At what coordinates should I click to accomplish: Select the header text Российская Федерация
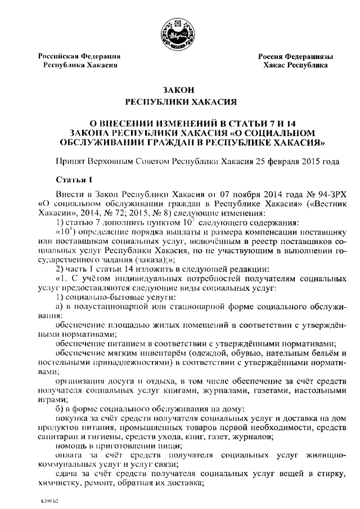click(x=79, y=56)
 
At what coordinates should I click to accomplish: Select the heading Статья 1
click(x=74, y=179)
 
